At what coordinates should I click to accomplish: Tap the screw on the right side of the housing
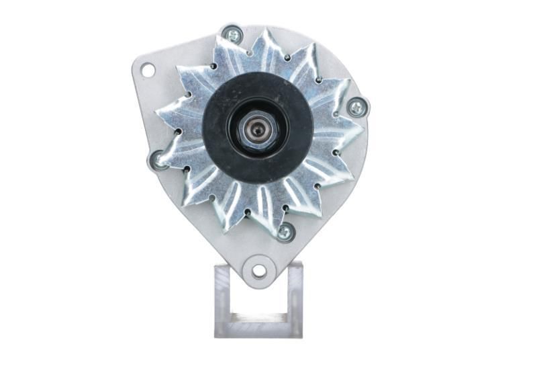(x=357, y=107)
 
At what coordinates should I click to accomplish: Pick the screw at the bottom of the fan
(x=285, y=232)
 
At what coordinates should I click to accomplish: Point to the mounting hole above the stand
(x=258, y=271)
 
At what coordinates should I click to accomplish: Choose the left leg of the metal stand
(x=223, y=296)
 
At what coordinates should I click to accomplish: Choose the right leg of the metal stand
(x=295, y=296)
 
